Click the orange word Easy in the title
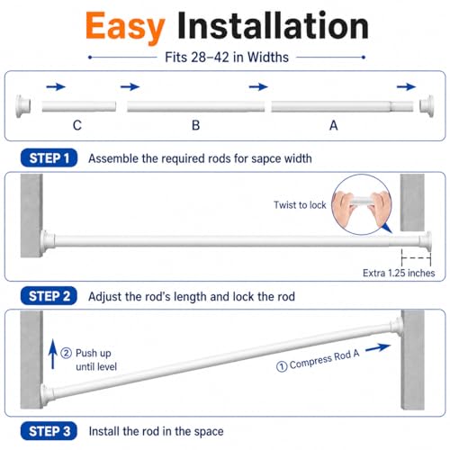pyautogui.click(x=125, y=27)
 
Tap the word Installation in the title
pyautogui.click(x=273, y=25)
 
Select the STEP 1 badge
pyautogui.click(x=49, y=157)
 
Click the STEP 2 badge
pyautogui.click(x=49, y=296)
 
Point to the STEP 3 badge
pyautogui.click(x=49, y=431)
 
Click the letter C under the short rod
pyautogui.click(x=77, y=125)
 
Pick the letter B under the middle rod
pyautogui.click(x=195, y=125)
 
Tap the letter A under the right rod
pyautogui.click(x=334, y=125)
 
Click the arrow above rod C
pyautogui.click(x=56, y=87)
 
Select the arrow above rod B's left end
pyautogui.click(x=130, y=87)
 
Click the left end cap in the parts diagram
pyautogui.click(x=23, y=106)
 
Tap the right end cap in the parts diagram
pyautogui.click(x=427, y=106)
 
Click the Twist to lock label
pyautogui.click(x=300, y=205)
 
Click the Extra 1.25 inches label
pyautogui.click(x=399, y=273)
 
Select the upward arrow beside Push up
pyautogui.click(x=53, y=354)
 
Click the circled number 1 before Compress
pyautogui.click(x=282, y=366)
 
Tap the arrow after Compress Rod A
pyautogui.click(x=378, y=348)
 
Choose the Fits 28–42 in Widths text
pyautogui.click(x=227, y=57)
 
